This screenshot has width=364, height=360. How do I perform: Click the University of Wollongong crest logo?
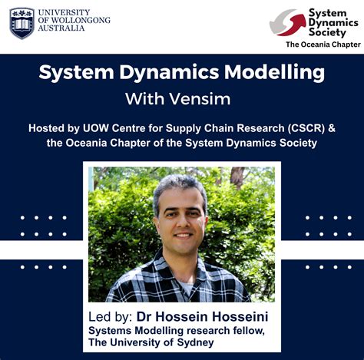[22, 23]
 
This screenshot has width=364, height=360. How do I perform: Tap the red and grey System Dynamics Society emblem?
[287, 23]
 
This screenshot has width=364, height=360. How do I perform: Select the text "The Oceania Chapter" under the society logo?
[323, 45]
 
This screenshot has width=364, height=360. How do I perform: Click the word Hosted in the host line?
[48, 127]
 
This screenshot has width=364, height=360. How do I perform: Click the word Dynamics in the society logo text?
[329, 23]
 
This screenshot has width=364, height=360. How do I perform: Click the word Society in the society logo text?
[326, 34]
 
